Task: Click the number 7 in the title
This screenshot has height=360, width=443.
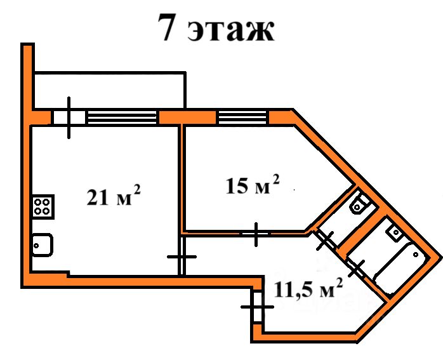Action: pyautogui.click(x=169, y=29)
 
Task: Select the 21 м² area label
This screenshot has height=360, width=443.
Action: pyautogui.click(x=114, y=197)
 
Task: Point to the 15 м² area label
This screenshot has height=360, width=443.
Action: pyautogui.click(x=253, y=185)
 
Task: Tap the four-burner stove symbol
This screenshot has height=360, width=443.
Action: pyautogui.click(x=43, y=206)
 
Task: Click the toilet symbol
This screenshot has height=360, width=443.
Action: pyautogui.click(x=359, y=204)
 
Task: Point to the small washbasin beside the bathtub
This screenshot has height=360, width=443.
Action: pyautogui.click(x=395, y=233)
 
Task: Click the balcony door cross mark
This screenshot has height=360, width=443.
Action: pyautogui.click(x=69, y=117)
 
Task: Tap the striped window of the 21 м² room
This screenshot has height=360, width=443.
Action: pyautogui.click(x=122, y=117)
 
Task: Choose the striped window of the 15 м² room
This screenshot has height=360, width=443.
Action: pyautogui.click(x=242, y=117)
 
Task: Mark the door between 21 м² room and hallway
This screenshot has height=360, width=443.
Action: pyautogui.click(x=182, y=257)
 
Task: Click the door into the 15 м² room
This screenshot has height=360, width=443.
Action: pyautogui.click(x=256, y=234)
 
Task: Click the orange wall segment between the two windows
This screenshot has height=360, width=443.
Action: pyautogui.click(x=187, y=117)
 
